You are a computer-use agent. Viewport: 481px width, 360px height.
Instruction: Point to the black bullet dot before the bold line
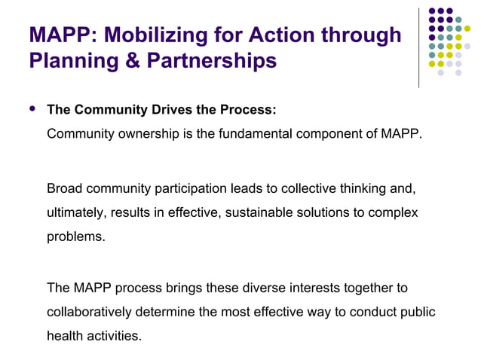click(32, 108)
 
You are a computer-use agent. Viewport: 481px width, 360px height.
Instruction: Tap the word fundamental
click(258, 134)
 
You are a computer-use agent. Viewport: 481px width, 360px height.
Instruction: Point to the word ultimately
click(75, 212)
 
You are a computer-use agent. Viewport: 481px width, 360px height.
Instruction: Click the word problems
click(75, 236)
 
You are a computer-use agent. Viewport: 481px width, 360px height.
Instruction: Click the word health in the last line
click(64, 336)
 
